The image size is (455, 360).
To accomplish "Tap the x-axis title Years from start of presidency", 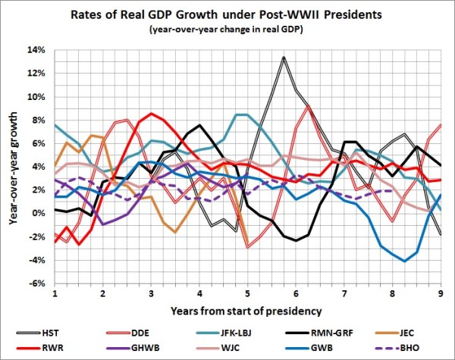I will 247,311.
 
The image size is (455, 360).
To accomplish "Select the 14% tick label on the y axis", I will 37,50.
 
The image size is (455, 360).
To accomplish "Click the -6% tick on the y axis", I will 37,283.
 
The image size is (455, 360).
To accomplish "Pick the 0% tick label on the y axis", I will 39,214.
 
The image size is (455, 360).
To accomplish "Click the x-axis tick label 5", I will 247,293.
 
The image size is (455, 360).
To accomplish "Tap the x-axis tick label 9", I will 441,293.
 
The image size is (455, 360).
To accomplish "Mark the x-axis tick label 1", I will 55,293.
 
